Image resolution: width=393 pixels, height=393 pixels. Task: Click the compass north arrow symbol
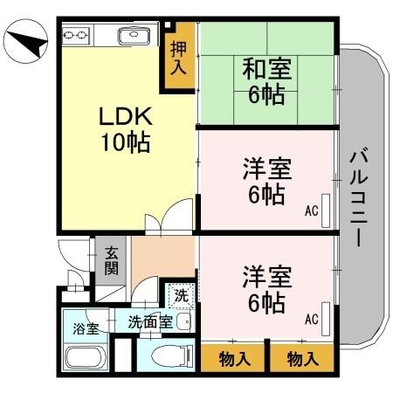[25, 41]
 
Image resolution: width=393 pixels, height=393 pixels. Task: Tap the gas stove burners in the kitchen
[76, 36]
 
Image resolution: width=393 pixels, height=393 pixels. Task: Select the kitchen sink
[132, 36]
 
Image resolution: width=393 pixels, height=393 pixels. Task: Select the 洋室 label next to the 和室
[266, 169]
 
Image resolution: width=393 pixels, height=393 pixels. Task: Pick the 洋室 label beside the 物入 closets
[266, 279]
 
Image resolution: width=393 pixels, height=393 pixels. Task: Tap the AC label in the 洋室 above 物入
[312, 320]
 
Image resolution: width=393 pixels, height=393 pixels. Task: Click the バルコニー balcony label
[358, 196]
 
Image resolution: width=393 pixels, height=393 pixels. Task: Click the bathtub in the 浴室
[85, 359]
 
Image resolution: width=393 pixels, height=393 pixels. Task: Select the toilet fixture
[170, 355]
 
